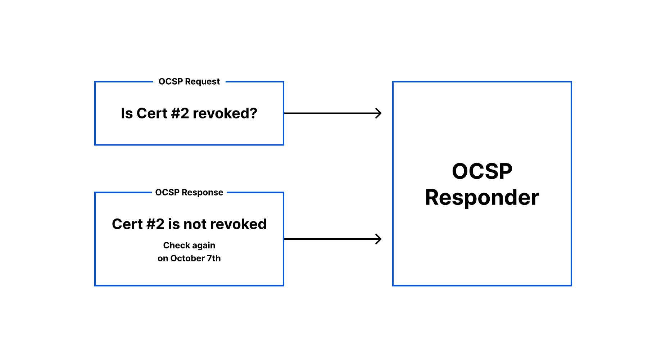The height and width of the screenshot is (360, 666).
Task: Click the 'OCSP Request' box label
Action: click(x=189, y=82)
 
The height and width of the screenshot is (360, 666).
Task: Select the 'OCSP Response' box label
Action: click(x=189, y=193)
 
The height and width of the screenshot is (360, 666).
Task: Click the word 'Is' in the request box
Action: click(x=127, y=113)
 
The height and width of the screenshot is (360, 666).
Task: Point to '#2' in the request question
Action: click(x=180, y=113)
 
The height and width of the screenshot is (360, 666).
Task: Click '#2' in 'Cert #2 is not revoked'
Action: click(x=155, y=224)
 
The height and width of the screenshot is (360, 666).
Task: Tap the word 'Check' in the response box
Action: click(x=176, y=246)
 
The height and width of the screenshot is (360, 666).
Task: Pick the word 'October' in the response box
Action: click(x=187, y=258)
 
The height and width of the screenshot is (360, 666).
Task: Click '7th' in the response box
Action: click(x=214, y=258)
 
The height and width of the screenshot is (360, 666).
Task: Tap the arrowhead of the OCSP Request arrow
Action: click(x=379, y=113)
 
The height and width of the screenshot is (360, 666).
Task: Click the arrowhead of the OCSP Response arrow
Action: click(x=379, y=239)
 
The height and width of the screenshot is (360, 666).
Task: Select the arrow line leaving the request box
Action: click(x=333, y=113)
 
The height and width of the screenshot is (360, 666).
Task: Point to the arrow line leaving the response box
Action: click(x=333, y=239)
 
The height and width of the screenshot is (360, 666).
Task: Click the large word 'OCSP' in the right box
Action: click(x=482, y=171)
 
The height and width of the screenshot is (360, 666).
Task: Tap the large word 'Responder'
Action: click(x=482, y=198)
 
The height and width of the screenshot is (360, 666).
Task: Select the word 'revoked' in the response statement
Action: click(x=238, y=224)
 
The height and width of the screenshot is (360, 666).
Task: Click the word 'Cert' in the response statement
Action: click(x=127, y=224)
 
